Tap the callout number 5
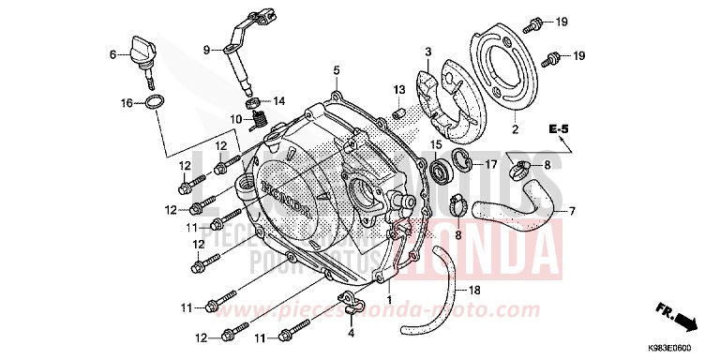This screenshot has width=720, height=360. [336, 70]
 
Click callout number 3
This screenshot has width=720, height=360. [427, 51]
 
